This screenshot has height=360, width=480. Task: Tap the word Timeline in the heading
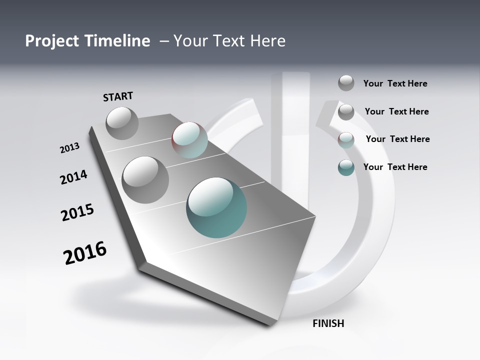[120, 41]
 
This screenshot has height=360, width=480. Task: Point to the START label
[118, 96]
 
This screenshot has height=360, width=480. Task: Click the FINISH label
[328, 323]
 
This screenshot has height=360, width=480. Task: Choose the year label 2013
[69, 148]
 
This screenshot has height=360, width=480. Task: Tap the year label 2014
[73, 177]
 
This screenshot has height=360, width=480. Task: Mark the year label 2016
[85, 253]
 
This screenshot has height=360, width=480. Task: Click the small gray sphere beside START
[122, 123]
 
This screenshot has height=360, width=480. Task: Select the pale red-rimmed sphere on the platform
[190, 140]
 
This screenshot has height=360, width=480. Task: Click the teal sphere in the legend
[346, 167]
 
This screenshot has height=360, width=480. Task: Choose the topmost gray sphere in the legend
[346, 83]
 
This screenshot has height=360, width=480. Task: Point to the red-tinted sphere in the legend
[346, 140]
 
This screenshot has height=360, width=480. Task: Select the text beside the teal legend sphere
[395, 167]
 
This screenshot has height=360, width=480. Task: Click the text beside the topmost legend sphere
[395, 83]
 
